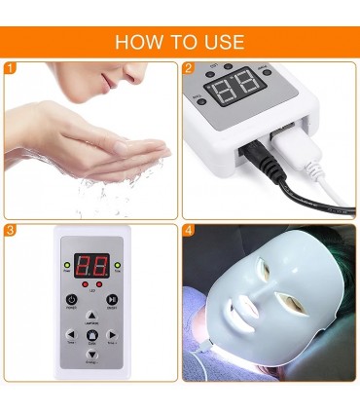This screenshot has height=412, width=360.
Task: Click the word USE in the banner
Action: pos(222,43)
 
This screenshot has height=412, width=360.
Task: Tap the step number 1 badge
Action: pos(11,68)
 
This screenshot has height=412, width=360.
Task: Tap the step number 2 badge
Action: pos(189,68)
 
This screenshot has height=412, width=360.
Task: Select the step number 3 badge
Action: pos(11,231)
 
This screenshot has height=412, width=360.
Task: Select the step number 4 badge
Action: pos(189,231)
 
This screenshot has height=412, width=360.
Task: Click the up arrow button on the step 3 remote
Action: pos(91,316)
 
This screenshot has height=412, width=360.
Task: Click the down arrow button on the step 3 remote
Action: pos(91,356)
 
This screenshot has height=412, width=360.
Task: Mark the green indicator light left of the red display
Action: pos(65,265)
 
